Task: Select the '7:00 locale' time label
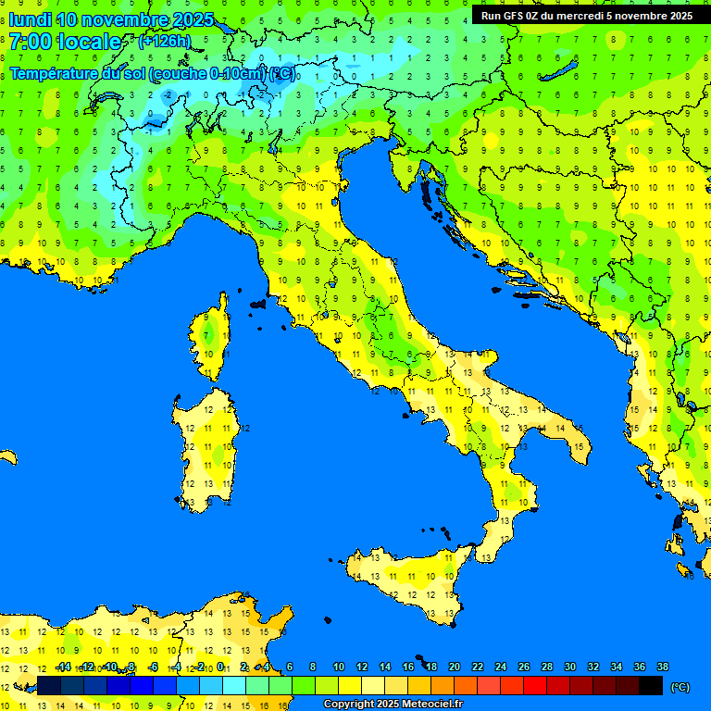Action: tap(65, 42)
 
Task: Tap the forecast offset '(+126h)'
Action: tap(164, 42)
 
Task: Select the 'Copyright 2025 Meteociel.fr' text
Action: tap(393, 704)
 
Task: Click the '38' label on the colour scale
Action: tap(662, 667)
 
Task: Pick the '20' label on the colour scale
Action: tap(454, 667)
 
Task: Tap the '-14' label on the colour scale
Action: tap(63, 667)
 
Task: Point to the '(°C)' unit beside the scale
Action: tap(680, 687)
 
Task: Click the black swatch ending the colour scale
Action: tap(651, 686)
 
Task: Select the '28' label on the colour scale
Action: tap(546, 667)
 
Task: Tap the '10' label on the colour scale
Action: tap(339, 667)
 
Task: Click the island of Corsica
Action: tap(212, 338)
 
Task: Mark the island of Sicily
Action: tap(407, 583)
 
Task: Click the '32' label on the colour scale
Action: tap(592, 667)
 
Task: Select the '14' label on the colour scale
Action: tap(384, 667)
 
